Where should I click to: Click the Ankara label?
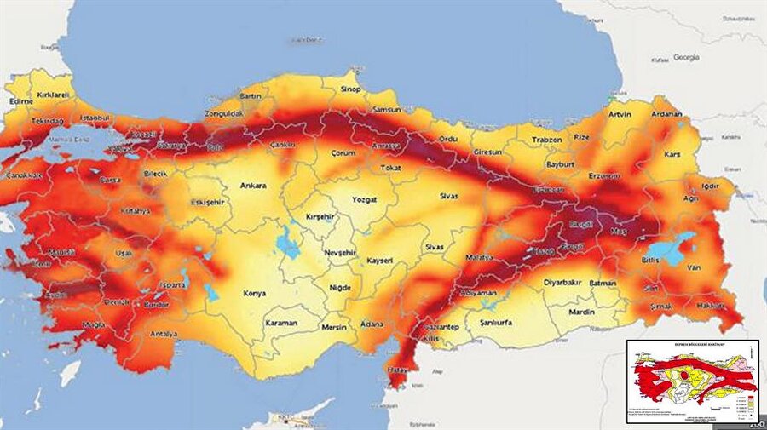click(x=253, y=185)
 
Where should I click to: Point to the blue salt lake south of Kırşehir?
click(x=289, y=248)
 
